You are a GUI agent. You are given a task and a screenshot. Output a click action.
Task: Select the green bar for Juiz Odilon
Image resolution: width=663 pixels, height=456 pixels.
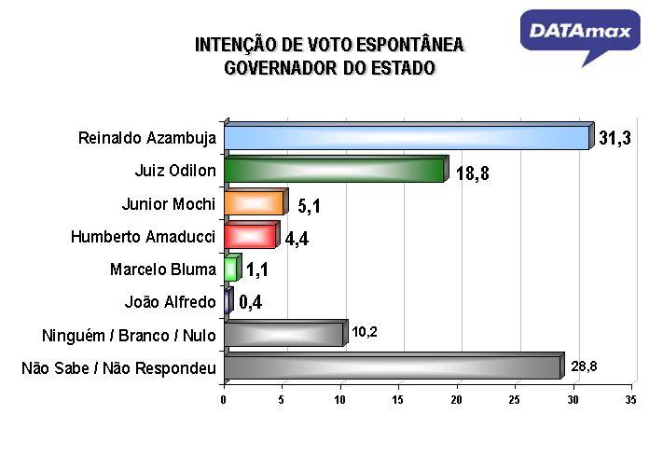[335, 170]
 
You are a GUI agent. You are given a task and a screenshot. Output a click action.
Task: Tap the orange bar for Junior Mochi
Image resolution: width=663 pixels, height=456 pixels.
[254, 203]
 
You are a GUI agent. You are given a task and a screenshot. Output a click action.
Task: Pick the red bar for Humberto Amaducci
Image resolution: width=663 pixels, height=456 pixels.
[251, 236]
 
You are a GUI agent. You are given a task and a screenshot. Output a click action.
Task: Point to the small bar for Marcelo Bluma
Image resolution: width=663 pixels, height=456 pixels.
[231, 269]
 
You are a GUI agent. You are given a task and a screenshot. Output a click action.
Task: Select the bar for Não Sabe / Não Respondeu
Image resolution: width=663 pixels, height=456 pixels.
[393, 366]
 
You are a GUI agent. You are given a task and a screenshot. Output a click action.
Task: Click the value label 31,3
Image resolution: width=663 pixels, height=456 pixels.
[615, 139]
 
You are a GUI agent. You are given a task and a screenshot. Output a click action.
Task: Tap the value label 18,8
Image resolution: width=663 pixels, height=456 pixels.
[473, 173]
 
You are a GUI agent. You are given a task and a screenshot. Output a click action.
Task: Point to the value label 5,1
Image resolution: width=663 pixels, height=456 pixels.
[310, 205]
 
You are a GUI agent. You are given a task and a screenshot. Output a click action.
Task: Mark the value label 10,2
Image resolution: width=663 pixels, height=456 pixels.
[365, 332]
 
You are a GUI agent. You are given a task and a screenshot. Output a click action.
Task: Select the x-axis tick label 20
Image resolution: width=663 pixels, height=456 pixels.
[457, 400]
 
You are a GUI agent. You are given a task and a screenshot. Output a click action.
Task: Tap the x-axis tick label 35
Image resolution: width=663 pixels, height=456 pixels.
[630, 400]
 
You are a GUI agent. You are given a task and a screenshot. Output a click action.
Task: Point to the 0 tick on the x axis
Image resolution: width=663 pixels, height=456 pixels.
[224, 400]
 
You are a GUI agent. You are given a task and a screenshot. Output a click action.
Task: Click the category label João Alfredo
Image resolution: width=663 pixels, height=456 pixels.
[170, 302]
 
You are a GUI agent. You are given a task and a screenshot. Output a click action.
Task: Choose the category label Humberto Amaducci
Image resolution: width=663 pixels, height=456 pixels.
[143, 237]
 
